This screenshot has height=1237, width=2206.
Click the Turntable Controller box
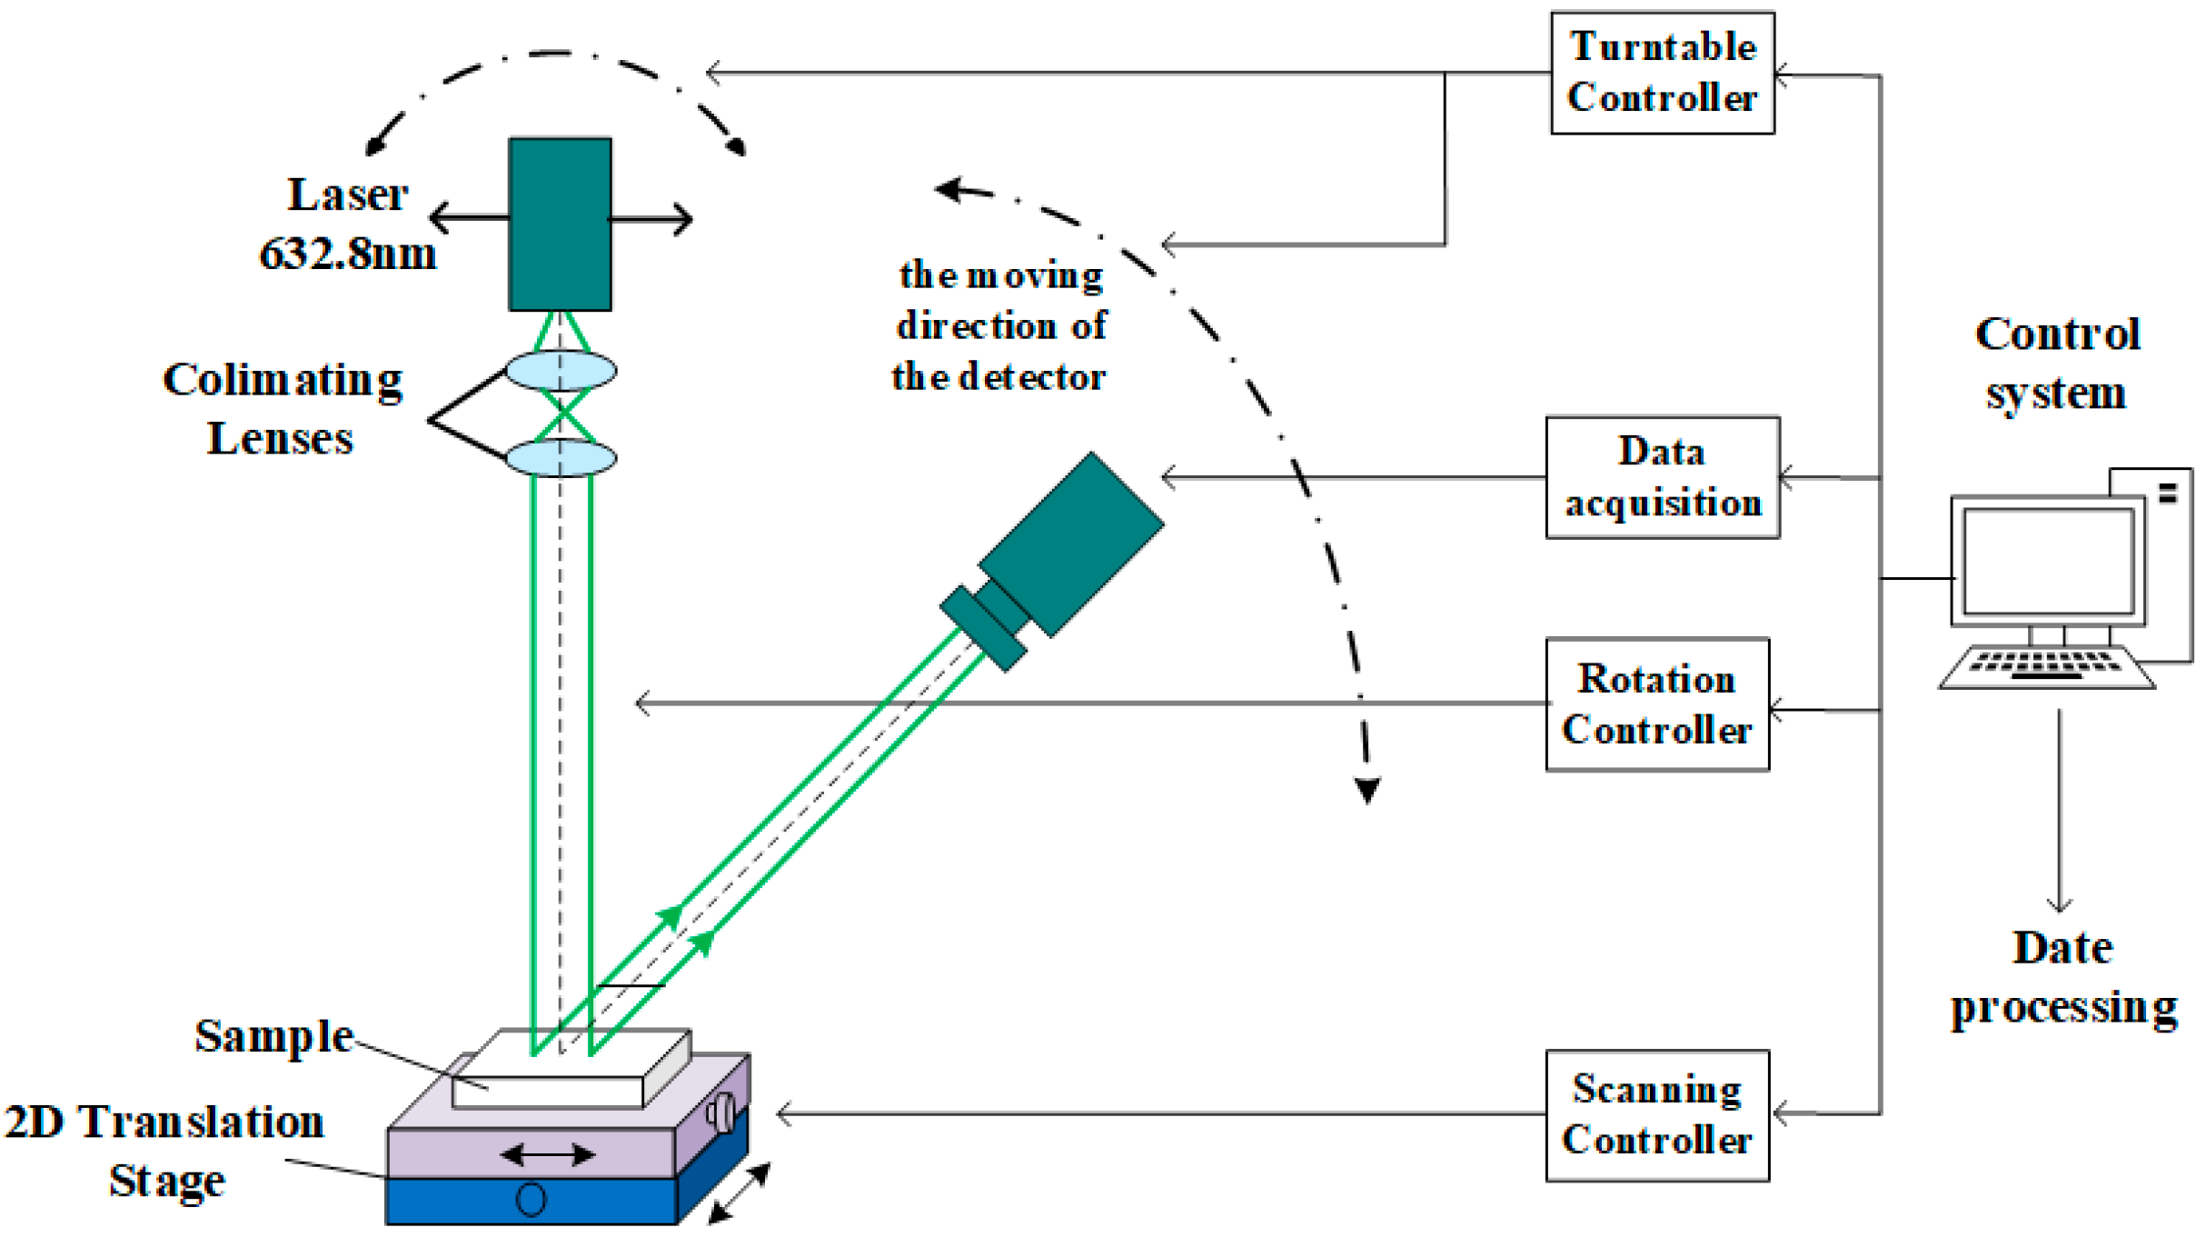(1662, 73)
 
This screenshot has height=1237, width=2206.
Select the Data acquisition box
(1662, 477)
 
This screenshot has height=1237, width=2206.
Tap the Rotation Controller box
(1657, 704)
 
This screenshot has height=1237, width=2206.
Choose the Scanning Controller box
(1657, 1115)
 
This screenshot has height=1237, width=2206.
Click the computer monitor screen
(2048, 561)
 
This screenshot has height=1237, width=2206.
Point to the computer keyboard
(2046, 668)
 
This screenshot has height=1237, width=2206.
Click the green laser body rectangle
(560, 224)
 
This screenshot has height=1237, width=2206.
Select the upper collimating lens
(561, 371)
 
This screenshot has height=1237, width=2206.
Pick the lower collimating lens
(561, 457)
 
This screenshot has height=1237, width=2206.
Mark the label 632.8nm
(348, 254)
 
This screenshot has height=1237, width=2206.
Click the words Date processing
(2062, 977)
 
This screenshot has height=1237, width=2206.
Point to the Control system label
(2057, 364)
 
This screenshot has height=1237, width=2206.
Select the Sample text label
(273, 1036)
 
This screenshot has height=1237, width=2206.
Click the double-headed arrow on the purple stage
(548, 1154)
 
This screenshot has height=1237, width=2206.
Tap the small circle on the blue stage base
(531, 1199)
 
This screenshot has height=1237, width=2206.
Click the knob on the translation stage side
(723, 1112)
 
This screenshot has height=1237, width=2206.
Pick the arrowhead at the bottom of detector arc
(1367, 789)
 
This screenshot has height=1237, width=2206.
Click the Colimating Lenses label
(282, 409)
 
